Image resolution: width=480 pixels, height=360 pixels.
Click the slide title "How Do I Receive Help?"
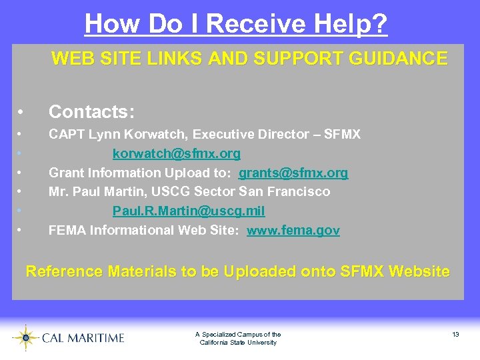click(x=236, y=24)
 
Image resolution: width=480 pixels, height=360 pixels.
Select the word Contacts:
click(x=92, y=111)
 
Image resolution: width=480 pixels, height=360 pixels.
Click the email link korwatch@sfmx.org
click(x=177, y=154)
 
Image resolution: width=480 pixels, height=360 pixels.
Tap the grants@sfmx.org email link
click(x=293, y=173)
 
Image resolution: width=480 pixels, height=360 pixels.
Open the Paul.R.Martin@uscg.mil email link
click(x=189, y=211)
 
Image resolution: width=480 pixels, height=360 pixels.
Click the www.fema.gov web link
click(x=293, y=231)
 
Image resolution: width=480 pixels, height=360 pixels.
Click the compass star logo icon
click(x=25, y=337)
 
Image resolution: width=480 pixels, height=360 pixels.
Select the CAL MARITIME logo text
click(x=83, y=338)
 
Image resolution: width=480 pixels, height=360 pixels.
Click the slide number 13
click(x=455, y=334)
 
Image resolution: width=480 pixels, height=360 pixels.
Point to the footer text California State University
click(x=238, y=343)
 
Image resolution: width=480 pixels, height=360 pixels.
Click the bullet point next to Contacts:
click(x=22, y=111)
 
